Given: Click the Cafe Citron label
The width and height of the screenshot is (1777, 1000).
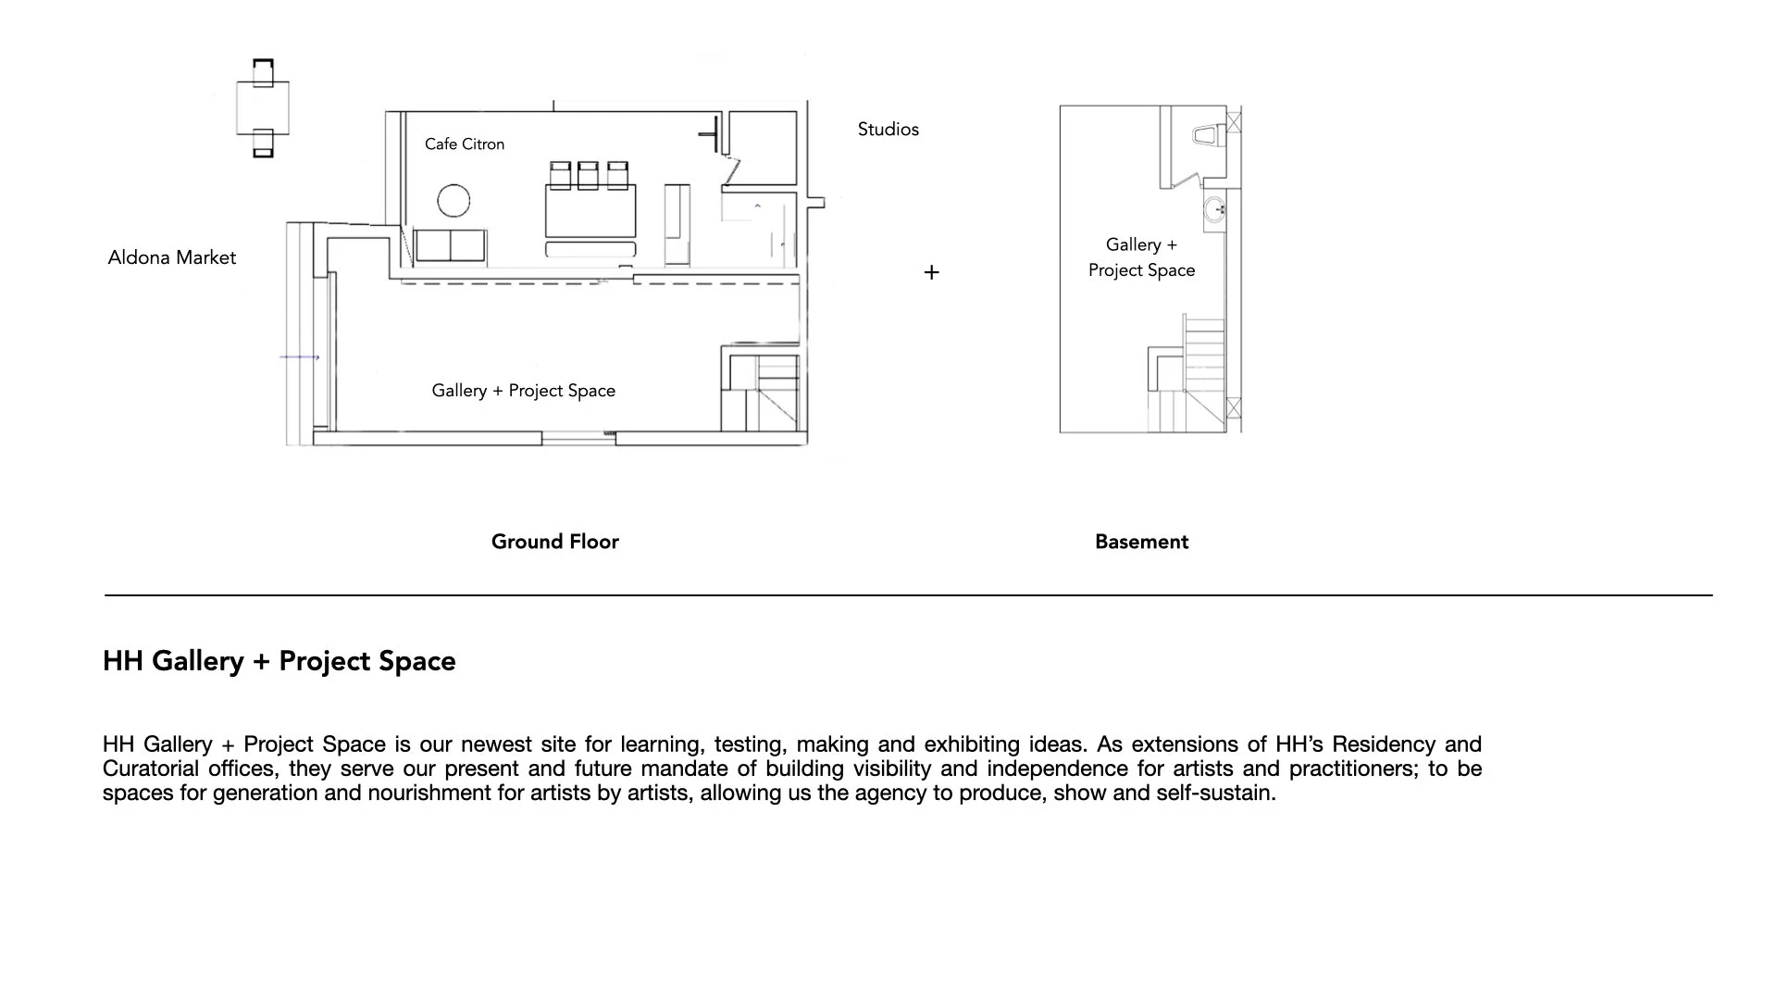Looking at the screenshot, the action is pos(465,144).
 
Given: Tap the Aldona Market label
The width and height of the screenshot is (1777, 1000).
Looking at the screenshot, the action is pos(171,257).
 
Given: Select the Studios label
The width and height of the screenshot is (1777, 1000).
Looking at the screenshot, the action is pos(888,130).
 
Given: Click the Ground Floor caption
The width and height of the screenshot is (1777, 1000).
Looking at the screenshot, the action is pos(554,542).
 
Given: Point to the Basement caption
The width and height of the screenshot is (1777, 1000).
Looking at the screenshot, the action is pos(1141,542).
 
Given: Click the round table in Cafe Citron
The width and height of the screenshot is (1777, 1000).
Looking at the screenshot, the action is pos(454,200).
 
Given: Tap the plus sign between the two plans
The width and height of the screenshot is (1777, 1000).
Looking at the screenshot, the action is pos(931,272).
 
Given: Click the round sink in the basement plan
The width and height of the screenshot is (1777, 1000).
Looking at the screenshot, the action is pos(1214,210).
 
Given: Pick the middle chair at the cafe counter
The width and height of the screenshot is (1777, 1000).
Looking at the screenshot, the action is pos(588,174).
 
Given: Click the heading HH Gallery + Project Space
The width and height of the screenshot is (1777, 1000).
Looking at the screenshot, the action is pos(279,661).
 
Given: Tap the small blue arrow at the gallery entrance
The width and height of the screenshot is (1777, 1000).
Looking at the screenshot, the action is pos(300,356).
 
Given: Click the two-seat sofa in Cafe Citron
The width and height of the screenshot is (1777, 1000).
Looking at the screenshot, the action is pos(450,246).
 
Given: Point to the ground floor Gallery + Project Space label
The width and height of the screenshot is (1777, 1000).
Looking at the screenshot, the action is pos(523,391).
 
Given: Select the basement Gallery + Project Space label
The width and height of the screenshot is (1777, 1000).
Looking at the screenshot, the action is pos(1141,257).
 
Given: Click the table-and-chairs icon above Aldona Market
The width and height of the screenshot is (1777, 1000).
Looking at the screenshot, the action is pos(263,108).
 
